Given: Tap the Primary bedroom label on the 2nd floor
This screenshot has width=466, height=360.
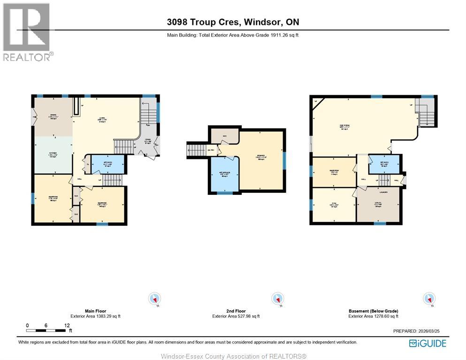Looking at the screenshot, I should click(x=260, y=158).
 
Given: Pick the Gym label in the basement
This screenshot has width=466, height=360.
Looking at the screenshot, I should click(x=334, y=205).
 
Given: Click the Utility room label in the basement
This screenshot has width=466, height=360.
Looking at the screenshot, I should click(x=377, y=205).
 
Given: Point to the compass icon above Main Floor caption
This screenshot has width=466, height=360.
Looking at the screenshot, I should click(x=154, y=299).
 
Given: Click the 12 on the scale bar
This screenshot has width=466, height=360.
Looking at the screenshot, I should click(x=67, y=325).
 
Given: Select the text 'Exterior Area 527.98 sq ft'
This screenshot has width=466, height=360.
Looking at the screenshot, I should click(x=236, y=316).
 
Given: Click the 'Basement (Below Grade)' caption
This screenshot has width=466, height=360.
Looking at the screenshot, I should click(x=373, y=311).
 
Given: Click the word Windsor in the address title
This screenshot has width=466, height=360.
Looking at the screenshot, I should click(x=259, y=22).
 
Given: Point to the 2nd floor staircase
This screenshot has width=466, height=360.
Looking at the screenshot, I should click(x=196, y=150).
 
